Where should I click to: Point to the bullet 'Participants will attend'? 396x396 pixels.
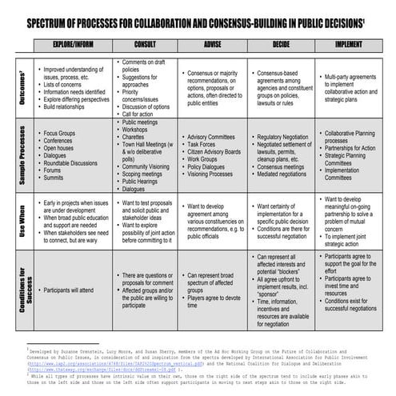pos(76,283)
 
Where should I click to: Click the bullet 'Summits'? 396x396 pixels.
pos(57,177)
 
